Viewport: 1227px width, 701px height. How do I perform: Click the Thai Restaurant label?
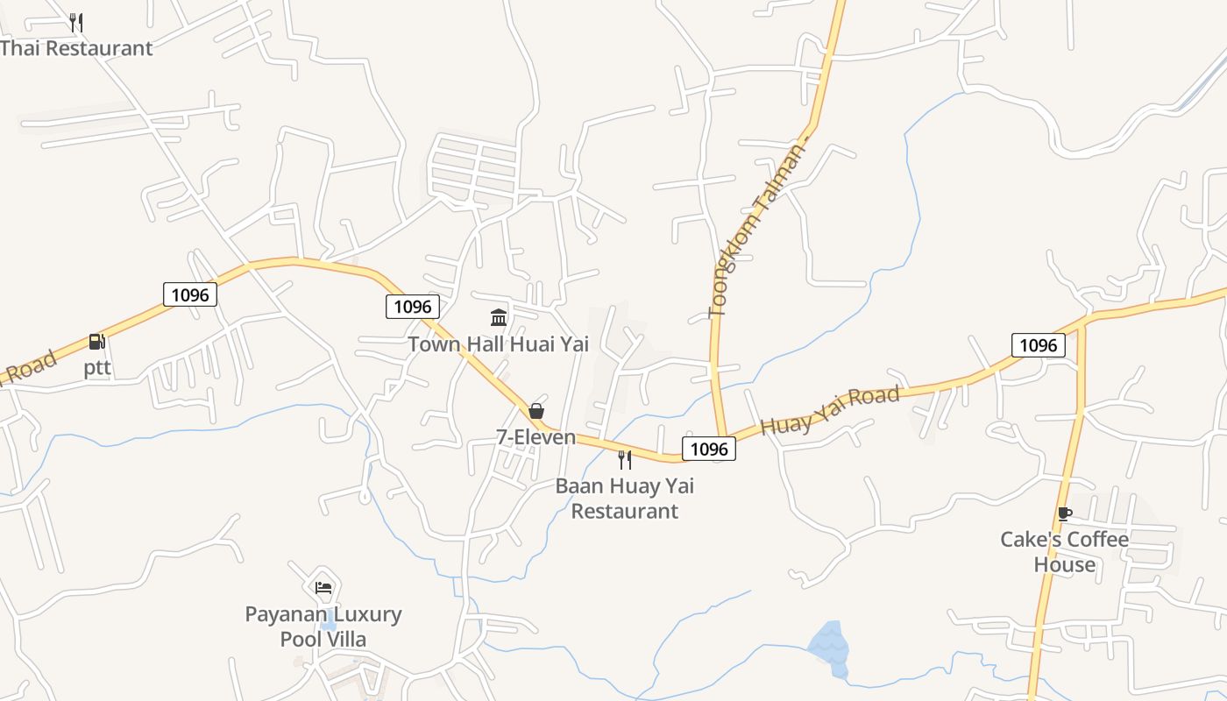pos(77,48)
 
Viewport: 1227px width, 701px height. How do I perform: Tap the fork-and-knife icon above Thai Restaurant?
pos(76,22)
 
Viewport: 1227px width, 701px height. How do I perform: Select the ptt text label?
pos(97,368)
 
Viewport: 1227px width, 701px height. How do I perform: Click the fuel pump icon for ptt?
pos(96,343)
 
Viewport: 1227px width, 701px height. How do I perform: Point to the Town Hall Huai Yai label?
pos(498,344)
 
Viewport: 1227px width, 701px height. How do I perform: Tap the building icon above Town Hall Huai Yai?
pos(499,317)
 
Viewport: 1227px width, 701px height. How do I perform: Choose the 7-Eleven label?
pos(535,436)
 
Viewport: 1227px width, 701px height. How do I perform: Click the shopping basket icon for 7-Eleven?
pos(536,411)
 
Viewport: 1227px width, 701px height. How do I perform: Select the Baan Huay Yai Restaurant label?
pos(625,498)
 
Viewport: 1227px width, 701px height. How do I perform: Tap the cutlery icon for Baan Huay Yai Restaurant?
pos(625,459)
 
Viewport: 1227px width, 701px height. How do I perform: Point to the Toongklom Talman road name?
pos(755,230)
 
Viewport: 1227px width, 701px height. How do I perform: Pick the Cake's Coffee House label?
pos(1064,551)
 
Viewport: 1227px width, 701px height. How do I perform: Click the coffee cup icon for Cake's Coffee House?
pos(1064,514)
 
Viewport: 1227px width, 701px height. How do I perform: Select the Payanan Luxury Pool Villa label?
pos(323,627)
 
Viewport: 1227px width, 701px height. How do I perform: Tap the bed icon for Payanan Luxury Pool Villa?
pos(323,588)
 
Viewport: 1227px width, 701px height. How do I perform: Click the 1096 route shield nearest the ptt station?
pos(190,294)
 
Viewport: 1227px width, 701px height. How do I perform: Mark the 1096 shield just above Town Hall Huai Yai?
pos(413,306)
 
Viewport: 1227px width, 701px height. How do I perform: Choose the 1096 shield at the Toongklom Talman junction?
pos(709,449)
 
